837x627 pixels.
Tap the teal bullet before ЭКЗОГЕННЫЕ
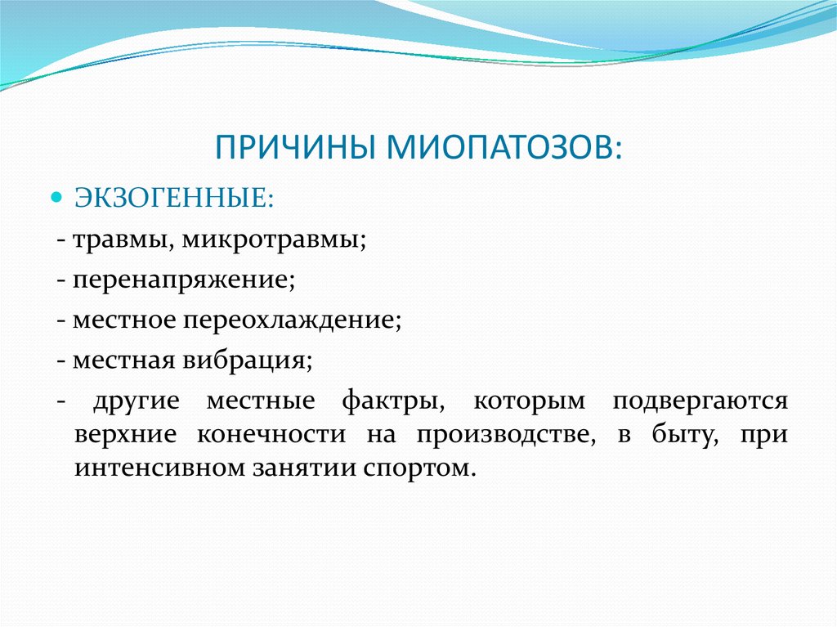pos(56,198)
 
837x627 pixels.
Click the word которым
pos(530,401)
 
